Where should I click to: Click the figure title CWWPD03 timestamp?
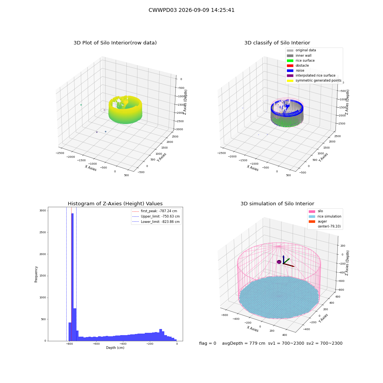191,10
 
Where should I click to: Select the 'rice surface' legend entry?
301,61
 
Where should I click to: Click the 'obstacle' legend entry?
298,65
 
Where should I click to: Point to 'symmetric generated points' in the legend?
314,80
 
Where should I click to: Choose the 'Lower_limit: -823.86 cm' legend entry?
156,222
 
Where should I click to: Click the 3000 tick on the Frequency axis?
43,211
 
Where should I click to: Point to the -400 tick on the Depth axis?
123,344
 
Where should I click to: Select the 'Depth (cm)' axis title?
115,348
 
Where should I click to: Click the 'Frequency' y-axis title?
36,274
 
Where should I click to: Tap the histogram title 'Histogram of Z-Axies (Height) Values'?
115,203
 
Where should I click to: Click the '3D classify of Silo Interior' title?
277,43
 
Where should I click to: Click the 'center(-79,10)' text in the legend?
329,226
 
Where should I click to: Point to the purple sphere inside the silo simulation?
279,262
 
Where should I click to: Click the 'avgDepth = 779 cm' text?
244,343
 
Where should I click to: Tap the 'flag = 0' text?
208,343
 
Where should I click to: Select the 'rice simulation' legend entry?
325,216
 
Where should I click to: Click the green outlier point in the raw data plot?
81,105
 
